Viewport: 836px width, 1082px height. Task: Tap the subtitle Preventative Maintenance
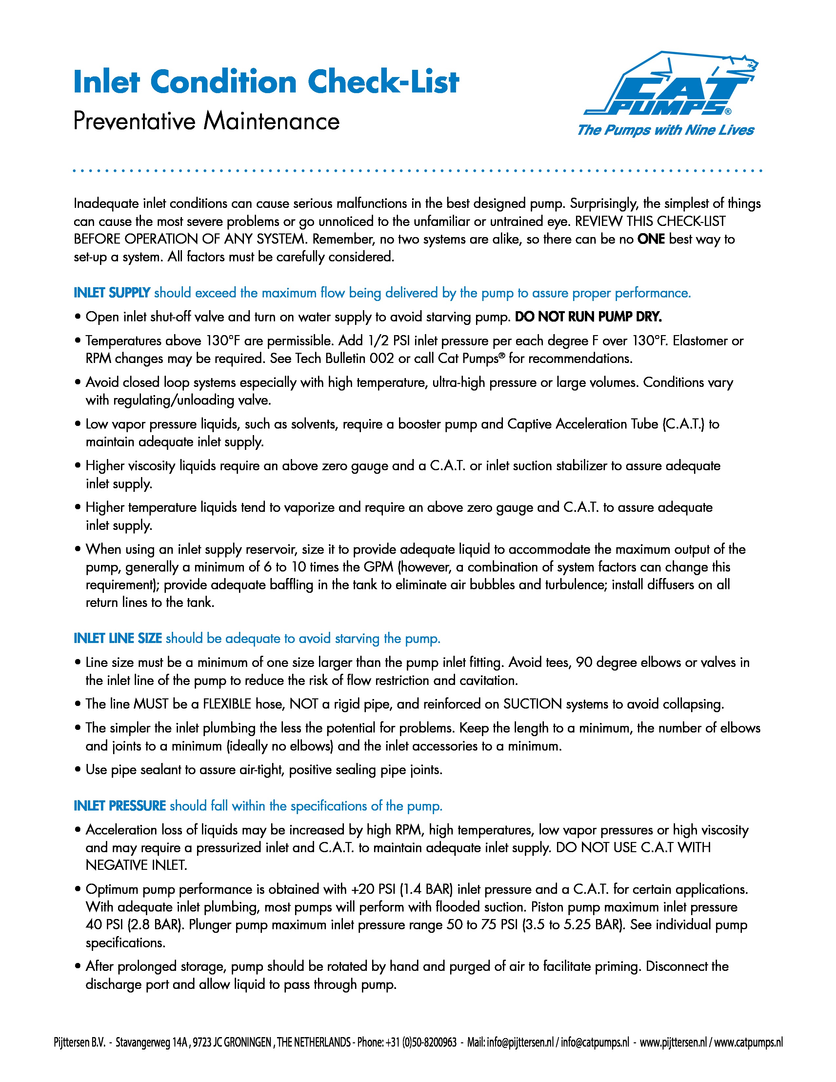(x=207, y=121)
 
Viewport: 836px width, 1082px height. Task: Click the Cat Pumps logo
(x=671, y=84)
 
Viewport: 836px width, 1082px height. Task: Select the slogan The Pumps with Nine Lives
(x=665, y=130)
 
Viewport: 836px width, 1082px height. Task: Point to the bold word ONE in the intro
(x=651, y=239)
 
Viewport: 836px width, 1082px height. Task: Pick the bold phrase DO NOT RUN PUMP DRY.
(x=588, y=317)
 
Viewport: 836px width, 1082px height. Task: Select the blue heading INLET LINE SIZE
(x=118, y=639)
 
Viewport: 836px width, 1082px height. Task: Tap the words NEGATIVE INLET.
(x=136, y=866)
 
